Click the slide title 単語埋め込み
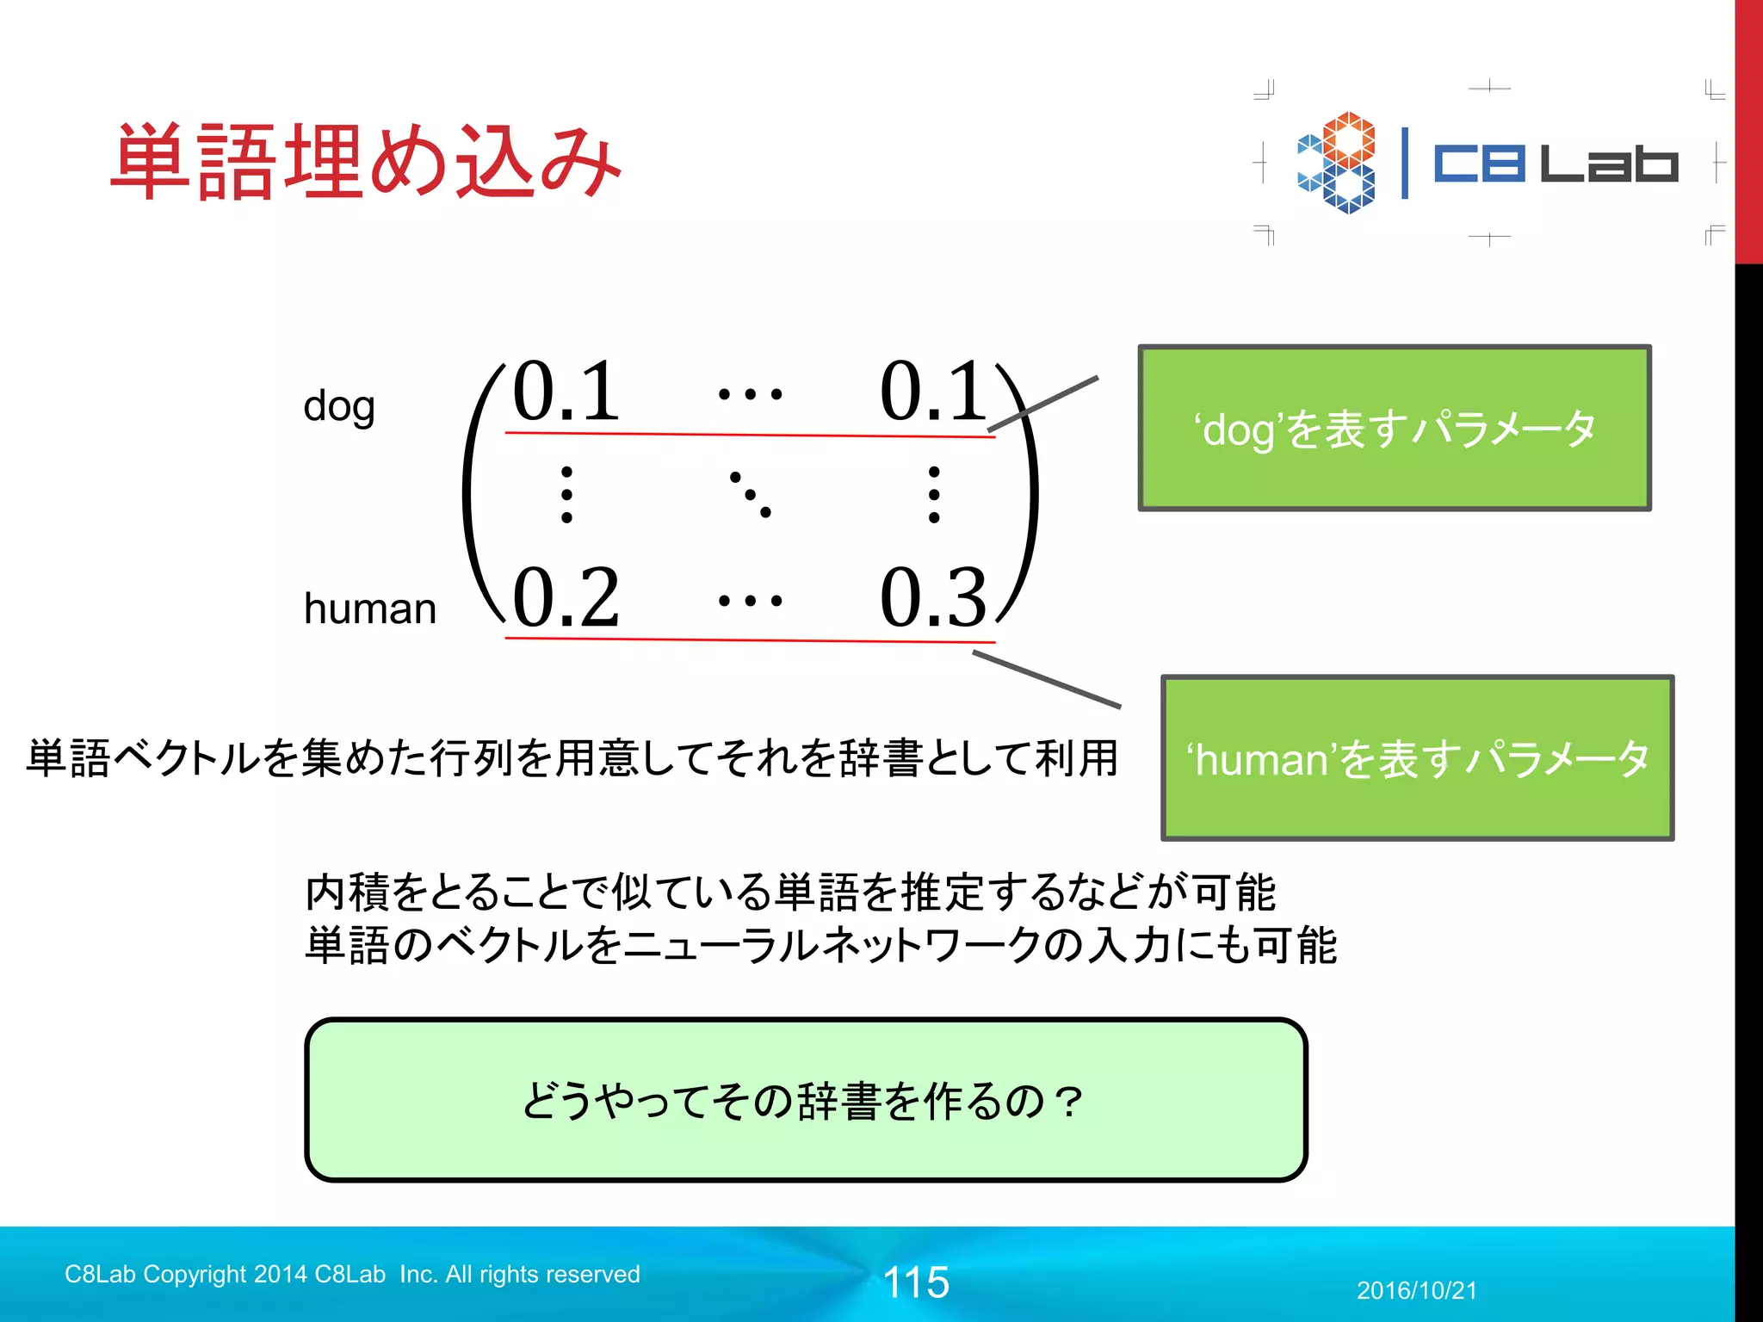[x=366, y=162]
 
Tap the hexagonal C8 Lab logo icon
[x=1336, y=162]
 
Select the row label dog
[x=339, y=406]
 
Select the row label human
[x=370, y=608]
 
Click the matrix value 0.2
[x=566, y=597]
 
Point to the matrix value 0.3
[x=933, y=597]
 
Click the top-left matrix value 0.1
[x=566, y=392]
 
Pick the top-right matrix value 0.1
[x=933, y=392]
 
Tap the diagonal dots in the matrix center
[x=750, y=494]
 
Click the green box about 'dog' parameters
[x=1395, y=428]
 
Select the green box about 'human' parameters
[x=1417, y=757]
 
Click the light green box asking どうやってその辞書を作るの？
[x=806, y=1100]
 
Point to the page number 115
[x=916, y=1282]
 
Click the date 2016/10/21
[x=1416, y=1290]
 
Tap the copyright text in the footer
[x=352, y=1274]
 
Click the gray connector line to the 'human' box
[x=1046, y=679]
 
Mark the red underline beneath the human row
[x=749, y=639]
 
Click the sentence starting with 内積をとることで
[x=790, y=892]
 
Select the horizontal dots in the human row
[x=750, y=600]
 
